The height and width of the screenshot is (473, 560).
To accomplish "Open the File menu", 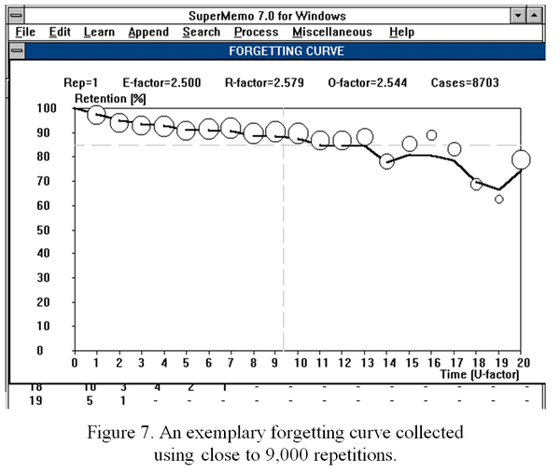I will pos(26,32).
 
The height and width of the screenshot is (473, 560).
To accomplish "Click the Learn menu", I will pos(99,32).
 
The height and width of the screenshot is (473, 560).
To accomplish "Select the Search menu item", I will pos(202,32).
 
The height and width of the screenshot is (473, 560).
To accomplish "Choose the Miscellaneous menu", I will pos(332,32).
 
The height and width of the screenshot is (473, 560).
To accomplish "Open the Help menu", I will pos(402,32).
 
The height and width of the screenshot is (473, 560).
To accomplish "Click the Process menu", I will pos(257,32).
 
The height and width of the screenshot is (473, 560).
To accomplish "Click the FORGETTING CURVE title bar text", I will pos(280,50).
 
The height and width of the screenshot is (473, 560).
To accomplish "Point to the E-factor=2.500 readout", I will pos(172,83).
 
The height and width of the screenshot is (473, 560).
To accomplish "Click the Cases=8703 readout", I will pos(465,83).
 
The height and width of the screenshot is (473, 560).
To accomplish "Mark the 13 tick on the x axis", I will pos(365,363).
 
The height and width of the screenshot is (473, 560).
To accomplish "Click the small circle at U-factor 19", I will pos(499,199).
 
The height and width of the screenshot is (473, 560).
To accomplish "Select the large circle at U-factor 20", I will pos(521,160).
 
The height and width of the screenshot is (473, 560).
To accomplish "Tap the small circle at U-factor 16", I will pos(431,135).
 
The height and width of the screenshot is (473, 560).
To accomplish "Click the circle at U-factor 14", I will pos(386,161).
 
